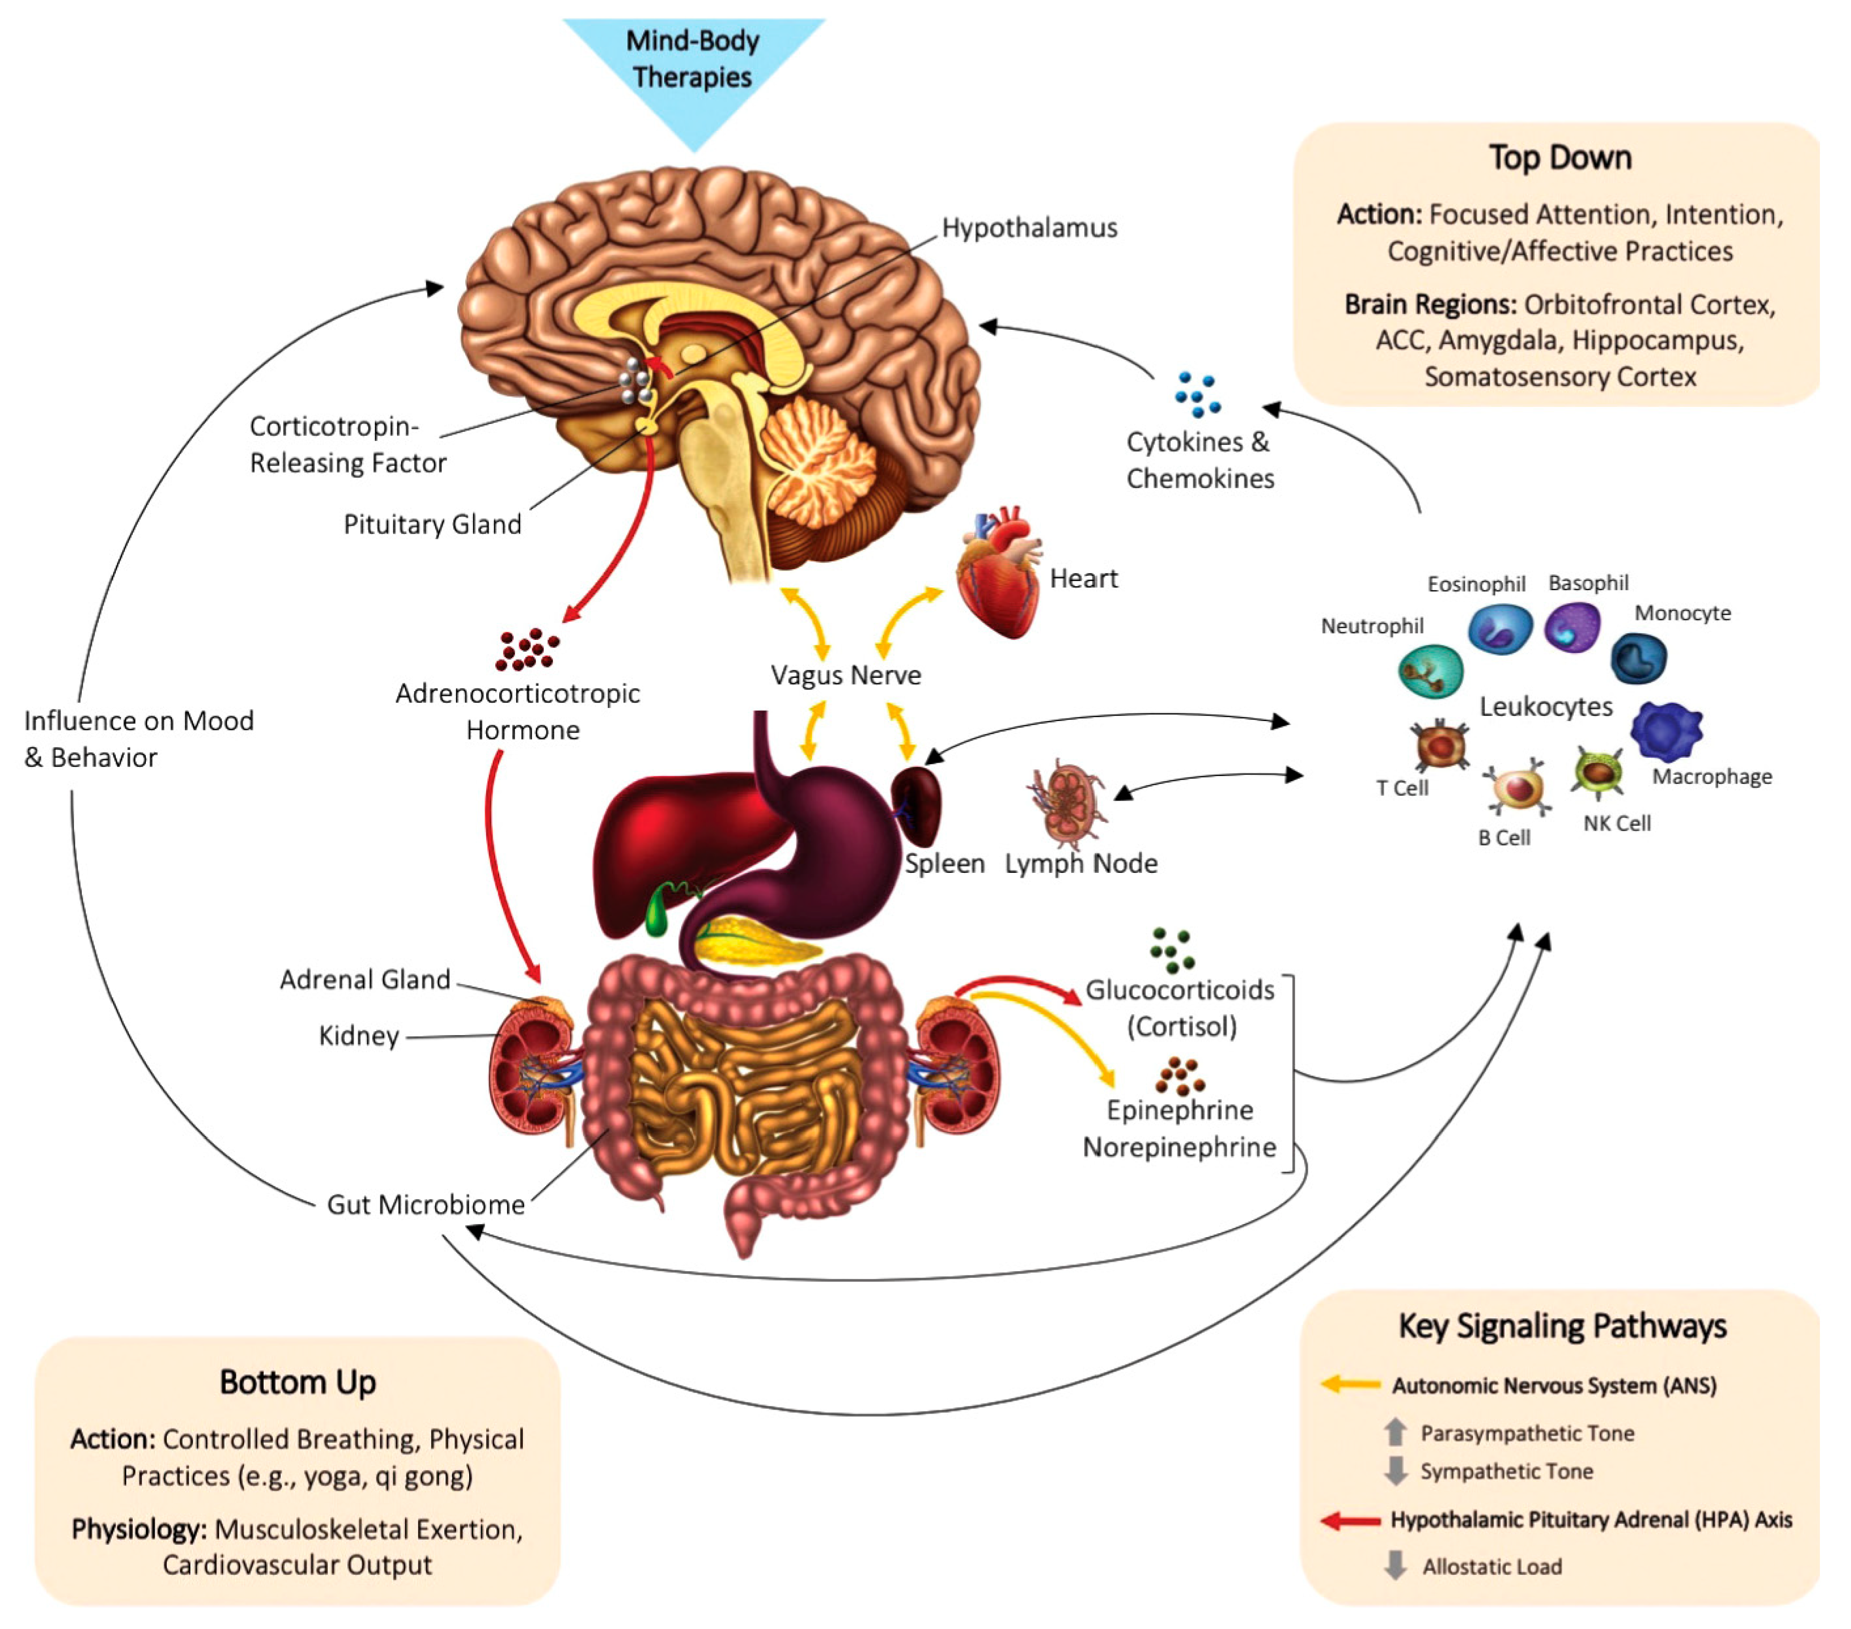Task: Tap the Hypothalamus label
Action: pos(1030,227)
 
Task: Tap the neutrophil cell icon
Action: pos(1431,671)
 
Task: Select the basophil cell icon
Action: pos(1573,627)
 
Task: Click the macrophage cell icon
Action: pos(1666,731)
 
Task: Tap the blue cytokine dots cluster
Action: pos(1197,395)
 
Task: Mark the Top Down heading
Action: pos(1560,157)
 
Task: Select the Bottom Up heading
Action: pos(298,1382)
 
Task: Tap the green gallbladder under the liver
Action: pos(658,913)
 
